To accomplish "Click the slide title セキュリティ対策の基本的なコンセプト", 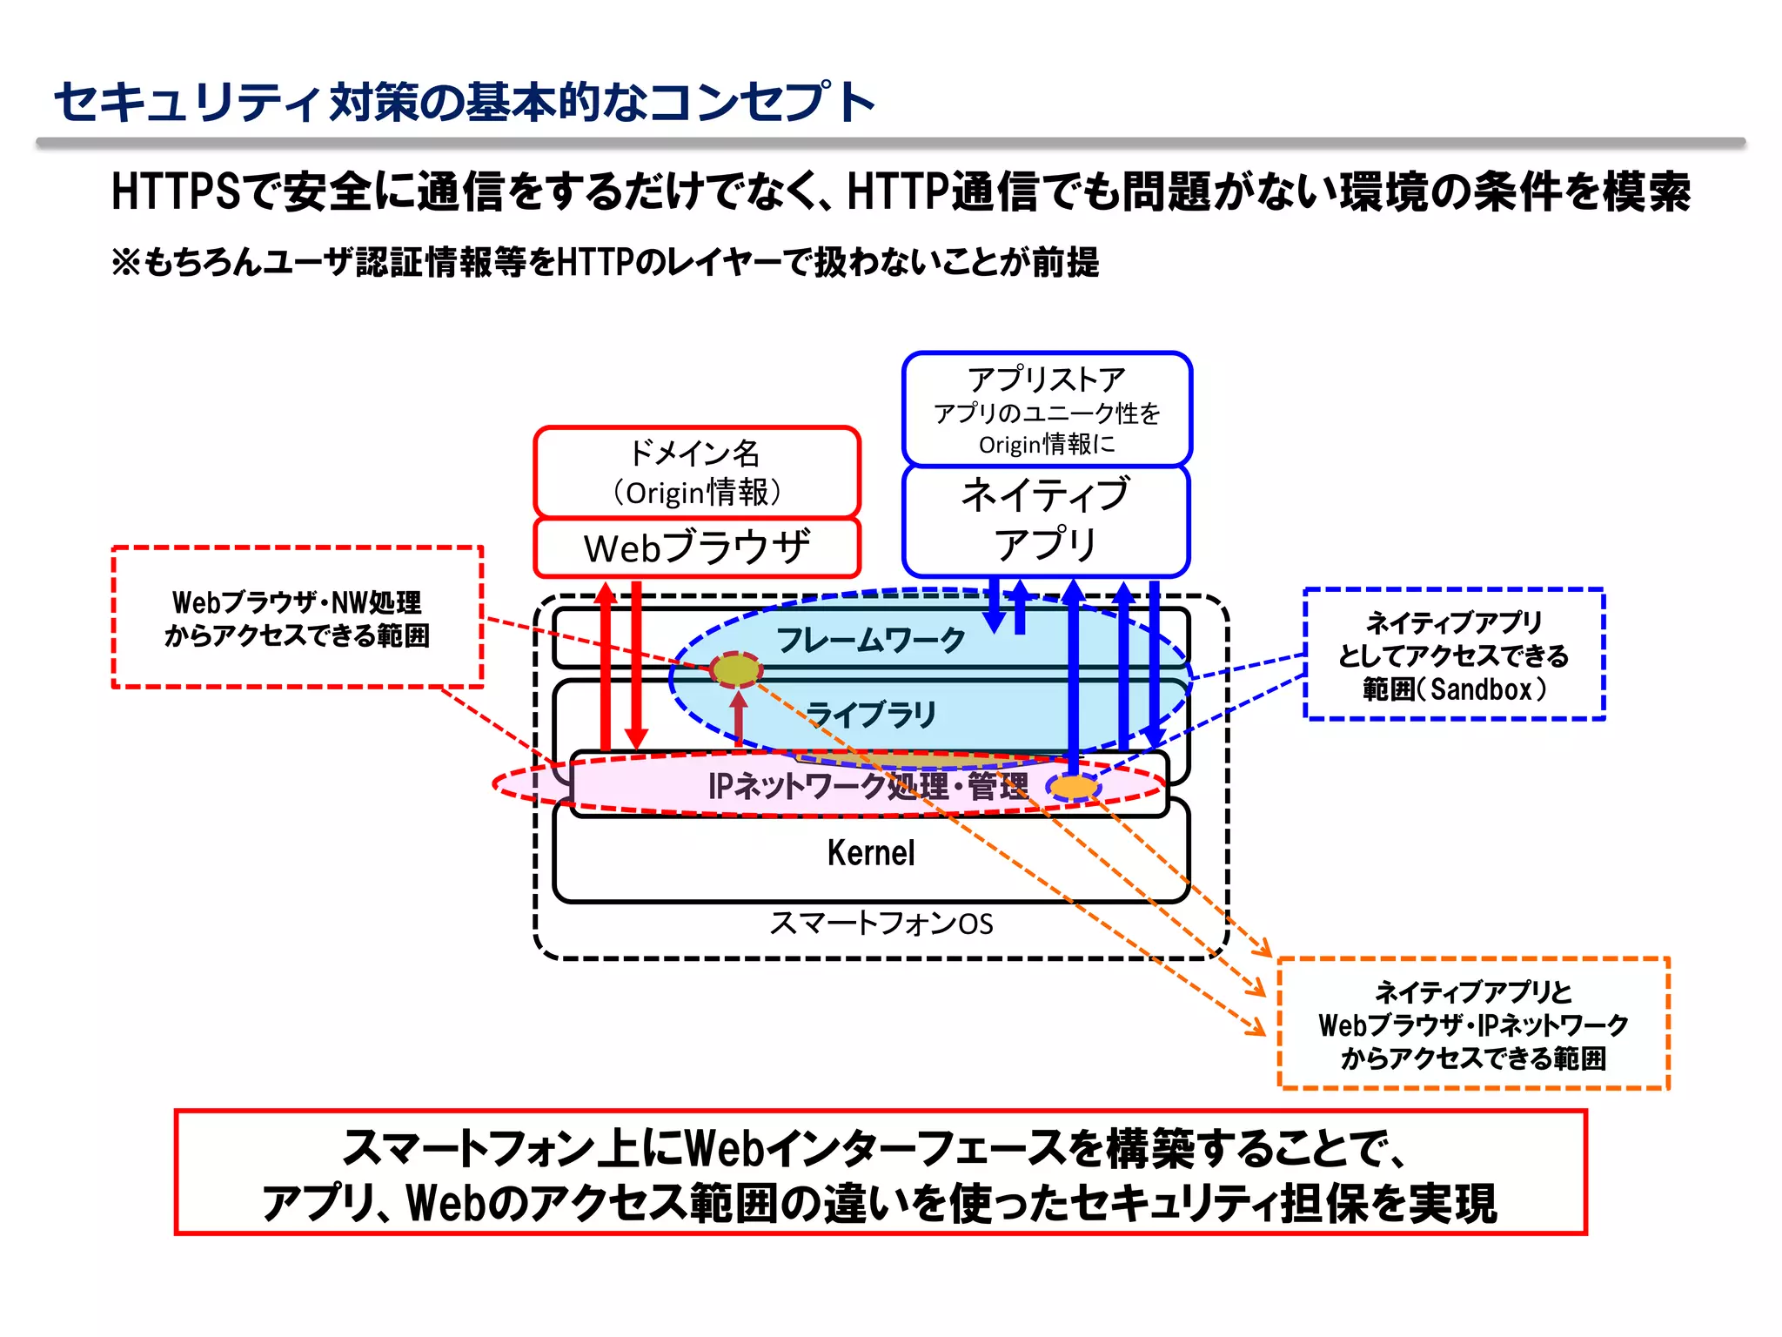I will (464, 102).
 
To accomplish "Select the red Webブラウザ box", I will (697, 548).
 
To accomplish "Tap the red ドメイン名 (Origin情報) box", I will (697, 473).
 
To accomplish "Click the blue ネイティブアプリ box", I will (1046, 520).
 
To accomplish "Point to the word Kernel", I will (871, 853).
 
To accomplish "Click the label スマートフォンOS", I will (881, 923).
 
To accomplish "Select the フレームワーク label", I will (871, 640).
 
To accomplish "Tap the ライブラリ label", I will (871, 715).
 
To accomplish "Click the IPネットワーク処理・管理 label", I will (868, 786).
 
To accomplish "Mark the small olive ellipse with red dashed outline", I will (736, 669).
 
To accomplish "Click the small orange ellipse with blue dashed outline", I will (1074, 788).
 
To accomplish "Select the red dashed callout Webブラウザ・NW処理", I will (297, 618).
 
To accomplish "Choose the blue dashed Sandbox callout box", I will (1453, 655).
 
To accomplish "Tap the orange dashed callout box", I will (1473, 1024).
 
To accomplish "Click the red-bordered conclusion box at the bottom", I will (881, 1172).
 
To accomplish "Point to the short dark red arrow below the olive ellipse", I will (739, 719).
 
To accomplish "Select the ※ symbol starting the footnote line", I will (126, 262).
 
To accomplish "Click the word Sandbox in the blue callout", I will (1480, 689).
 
